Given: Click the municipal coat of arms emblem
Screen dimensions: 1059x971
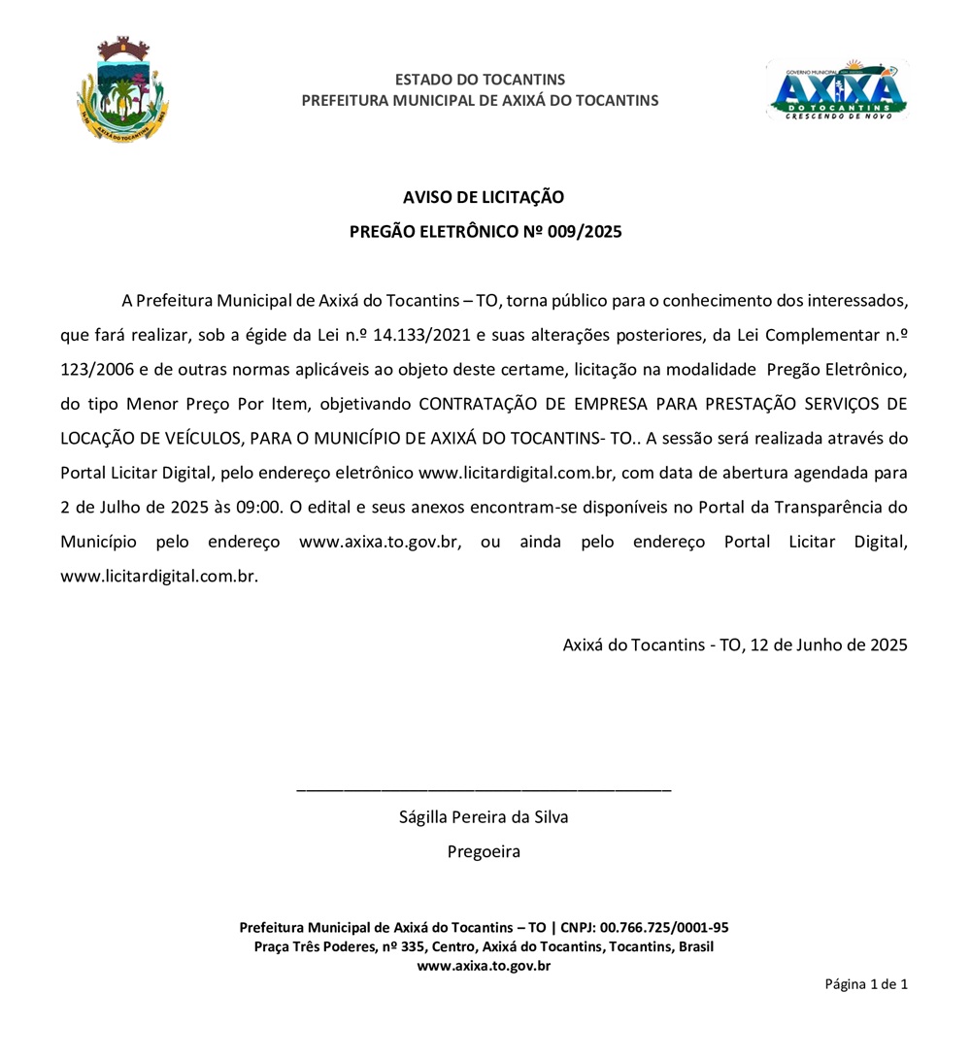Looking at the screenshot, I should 122,90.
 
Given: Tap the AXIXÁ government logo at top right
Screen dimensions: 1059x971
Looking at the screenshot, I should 837,90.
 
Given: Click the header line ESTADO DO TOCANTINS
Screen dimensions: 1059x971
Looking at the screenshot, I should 480,80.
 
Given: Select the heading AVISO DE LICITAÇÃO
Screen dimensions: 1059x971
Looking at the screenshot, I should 484,197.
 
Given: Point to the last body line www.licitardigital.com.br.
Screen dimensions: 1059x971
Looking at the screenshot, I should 159,576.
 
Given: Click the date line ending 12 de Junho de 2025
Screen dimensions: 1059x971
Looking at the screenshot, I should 735,644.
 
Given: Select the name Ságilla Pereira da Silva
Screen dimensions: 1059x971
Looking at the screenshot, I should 484,816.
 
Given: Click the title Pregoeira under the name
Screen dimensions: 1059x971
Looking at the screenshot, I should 484,851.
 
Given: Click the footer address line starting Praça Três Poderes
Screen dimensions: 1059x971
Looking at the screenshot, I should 484,946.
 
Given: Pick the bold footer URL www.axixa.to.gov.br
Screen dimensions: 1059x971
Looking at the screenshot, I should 484,966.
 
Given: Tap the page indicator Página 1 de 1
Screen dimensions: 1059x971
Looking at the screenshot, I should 866,984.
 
